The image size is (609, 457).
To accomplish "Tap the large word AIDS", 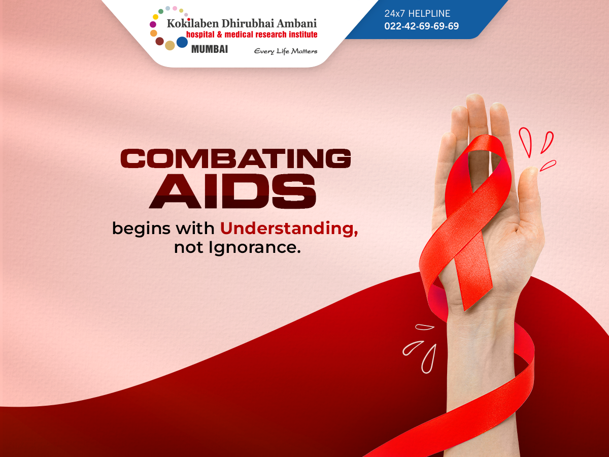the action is coord(232,191).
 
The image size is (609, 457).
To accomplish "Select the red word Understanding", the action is coord(289,229).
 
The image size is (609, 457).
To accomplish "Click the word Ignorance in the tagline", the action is coord(255,247).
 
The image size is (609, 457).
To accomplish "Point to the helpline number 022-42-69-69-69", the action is coord(421,26).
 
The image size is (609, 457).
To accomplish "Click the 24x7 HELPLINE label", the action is coord(417,13).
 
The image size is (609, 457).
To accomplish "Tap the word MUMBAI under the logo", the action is coord(210,49).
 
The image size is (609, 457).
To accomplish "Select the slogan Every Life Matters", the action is coord(286,51).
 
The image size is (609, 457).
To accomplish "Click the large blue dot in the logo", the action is coord(182,42).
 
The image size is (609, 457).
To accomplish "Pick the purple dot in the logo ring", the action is coord(153,24).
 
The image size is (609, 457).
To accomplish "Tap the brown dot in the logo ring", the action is coord(159,41).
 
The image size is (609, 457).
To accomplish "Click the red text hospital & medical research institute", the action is coord(252,35).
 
